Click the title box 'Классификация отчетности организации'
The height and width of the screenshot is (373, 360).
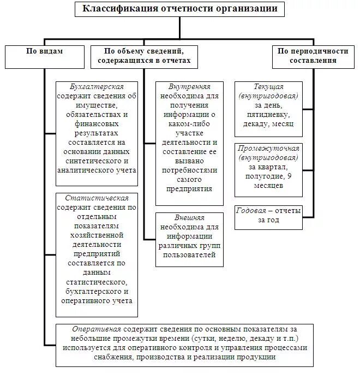point(179,9)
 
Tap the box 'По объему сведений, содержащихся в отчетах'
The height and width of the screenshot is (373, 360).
point(144,56)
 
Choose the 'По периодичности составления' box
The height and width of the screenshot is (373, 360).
point(313,56)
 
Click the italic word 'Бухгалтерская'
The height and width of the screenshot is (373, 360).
point(97,87)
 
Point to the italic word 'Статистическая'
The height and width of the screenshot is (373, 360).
point(97,198)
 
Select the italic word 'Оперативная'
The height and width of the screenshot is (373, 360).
point(97,329)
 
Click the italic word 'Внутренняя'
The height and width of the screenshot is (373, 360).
point(189,87)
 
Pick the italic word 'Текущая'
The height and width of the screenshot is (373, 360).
point(268,87)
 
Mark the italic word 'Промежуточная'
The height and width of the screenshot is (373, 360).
point(268,149)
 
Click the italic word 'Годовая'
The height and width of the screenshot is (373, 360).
point(251,211)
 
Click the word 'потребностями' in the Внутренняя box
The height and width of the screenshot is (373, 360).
point(189,170)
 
